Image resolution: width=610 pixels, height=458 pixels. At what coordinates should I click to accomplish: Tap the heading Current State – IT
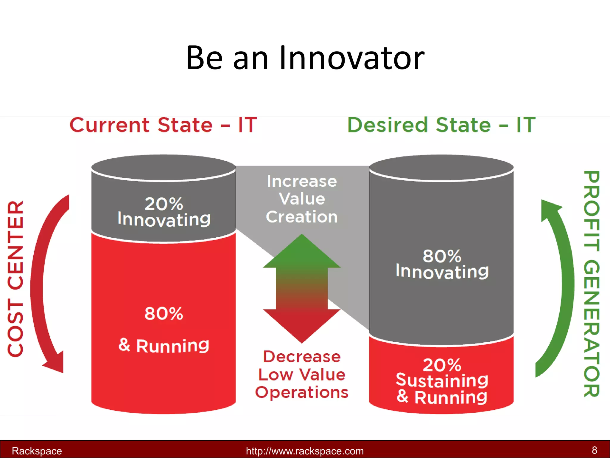pos(163,125)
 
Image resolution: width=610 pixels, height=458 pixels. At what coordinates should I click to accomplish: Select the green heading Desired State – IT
pos(441,125)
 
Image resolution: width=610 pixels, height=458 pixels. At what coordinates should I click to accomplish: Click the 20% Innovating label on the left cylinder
pos(164,212)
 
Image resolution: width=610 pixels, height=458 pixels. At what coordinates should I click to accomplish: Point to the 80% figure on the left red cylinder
pos(164,314)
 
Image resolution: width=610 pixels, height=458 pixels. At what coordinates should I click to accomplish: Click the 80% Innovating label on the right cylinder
pos(442,264)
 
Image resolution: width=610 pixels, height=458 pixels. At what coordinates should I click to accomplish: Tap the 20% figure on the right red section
pos(442,365)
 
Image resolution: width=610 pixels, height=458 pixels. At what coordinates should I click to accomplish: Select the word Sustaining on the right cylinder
pos(442,380)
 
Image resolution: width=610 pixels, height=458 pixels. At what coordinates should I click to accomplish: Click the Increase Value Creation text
pos(302,199)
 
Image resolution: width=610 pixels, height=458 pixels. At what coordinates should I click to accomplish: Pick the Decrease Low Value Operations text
pos(302,375)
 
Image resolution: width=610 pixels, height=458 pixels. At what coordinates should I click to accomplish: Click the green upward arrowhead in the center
pos(302,252)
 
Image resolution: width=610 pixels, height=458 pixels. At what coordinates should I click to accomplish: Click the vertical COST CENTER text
pos(15,278)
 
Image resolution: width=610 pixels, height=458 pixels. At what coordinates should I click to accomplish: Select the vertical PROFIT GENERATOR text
pos(592,283)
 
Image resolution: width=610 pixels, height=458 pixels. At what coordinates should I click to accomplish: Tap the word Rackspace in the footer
pos(37,451)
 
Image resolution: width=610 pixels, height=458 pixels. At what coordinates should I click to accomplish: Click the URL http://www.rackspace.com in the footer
pos(305,451)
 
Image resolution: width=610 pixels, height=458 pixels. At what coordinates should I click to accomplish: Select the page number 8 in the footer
pos(594,450)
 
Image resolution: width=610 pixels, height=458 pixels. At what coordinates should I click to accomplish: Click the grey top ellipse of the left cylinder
pos(163,167)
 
